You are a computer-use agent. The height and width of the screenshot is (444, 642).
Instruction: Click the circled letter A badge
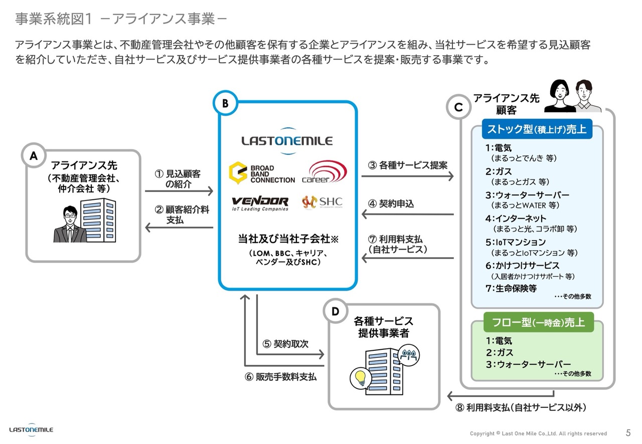point(34,156)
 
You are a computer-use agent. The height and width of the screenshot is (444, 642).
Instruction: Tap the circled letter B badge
point(225,103)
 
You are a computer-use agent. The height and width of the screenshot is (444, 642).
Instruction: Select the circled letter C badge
point(458,107)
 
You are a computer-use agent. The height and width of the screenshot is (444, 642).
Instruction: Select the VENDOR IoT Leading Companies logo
point(260,203)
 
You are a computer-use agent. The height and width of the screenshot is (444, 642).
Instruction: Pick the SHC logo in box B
point(322,202)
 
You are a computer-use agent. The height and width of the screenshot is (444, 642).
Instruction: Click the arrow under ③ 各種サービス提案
point(407,175)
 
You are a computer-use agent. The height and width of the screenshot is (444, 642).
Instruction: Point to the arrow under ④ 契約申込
point(407,214)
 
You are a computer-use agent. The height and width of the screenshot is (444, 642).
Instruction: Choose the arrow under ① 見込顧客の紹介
point(179,191)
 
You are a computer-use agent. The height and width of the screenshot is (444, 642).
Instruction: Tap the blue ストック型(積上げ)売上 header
point(537,129)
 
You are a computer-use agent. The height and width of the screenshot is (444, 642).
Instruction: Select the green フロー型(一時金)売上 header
point(537,322)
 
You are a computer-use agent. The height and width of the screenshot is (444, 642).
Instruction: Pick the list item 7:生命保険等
point(511,288)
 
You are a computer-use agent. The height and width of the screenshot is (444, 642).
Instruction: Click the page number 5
point(628,432)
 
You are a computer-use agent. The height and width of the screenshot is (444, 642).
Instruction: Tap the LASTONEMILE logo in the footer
point(31,429)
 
